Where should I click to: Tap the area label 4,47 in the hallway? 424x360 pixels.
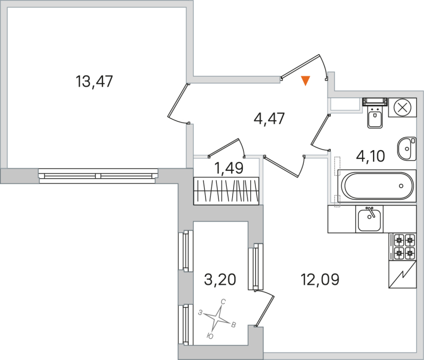pyautogui.click(x=270, y=118)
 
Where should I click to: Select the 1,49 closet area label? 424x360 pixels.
pyautogui.click(x=228, y=169)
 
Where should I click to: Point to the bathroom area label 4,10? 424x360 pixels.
pyautogui.click(x=370, y=156)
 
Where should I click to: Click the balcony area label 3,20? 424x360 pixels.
pyautogui.click(x=219, y=278)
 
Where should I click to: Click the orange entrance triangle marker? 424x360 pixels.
pyautogui.click(x=305, y=81)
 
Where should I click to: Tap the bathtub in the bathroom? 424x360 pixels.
pyautogui.click(x=376, y=186)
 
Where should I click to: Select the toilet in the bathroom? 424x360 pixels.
pyautogui.click(x=376, y=115)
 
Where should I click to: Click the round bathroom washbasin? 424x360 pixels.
pyautogui.click(x=407, y=147)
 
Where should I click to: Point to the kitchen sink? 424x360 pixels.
pyautogui.click(x=370, y=219)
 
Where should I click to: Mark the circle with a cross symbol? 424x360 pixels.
pyautogui.click(x=402, y=107)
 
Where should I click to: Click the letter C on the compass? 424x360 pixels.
pyautogui.click(x=224, y=302)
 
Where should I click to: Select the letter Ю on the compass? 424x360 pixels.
pyautogui.click(x=210, y=336)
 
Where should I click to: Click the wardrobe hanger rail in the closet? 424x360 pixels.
pyautogui.click(x=227, y=190)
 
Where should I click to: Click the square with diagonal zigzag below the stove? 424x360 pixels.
pyautogui.click(x=402, y=275)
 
